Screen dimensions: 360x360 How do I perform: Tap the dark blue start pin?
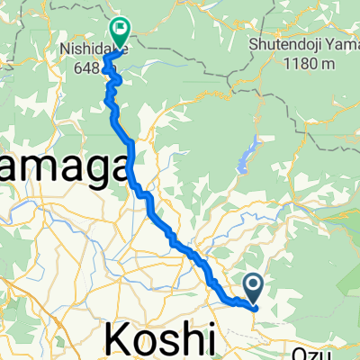(x=254, y=289)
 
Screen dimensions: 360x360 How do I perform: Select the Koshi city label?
(x=162, y=340)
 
